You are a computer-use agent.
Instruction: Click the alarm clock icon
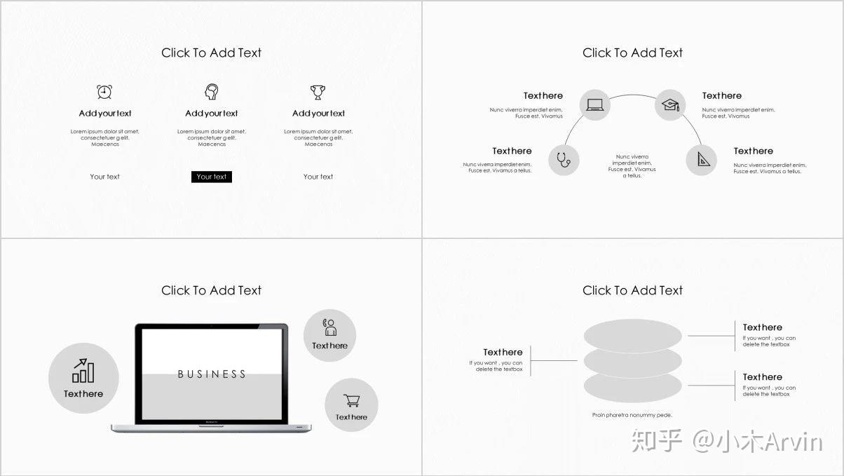click(x=104, y=92)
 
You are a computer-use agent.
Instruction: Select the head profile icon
click(x=212, y=92)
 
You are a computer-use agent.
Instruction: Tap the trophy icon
click(x=318, y=93)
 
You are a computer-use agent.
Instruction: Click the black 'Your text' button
click(x=212, y=177)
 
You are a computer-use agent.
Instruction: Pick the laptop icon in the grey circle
click(x=595, y=104)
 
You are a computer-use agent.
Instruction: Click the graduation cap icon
click(x=671, y=105)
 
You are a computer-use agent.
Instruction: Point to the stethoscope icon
click(x=564, y=160)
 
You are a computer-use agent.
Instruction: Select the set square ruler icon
click(x=703, y=159)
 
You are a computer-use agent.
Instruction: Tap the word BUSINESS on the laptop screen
click(x=212, y=374)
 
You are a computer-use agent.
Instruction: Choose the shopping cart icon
click(x=351, y=400)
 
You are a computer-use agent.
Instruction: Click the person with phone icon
click(x=329, y=327)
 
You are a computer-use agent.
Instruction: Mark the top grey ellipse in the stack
click(x=632, y=336)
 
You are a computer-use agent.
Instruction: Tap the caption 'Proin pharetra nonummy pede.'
click(x=632, y=415)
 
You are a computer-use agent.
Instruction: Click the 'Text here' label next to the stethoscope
click(x=512, y=151)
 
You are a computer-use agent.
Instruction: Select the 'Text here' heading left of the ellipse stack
click(x=503, y=353)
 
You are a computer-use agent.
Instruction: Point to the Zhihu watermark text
click(x=727, y=441)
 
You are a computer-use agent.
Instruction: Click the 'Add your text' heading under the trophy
click(x=318, y=114)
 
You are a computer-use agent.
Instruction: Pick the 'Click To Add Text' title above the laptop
click(x=212, y=290)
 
